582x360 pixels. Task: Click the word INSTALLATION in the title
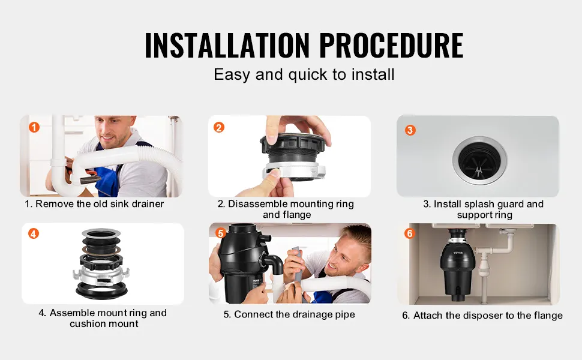click(227, 45)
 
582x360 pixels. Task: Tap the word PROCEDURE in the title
click(391, 45)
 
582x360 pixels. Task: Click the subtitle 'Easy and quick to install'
click(304, 74)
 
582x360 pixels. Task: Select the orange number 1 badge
click(34, 127)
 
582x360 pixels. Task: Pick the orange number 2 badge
click(219, 128)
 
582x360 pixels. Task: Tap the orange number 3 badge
click(410, 130)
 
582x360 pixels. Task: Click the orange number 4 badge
click(34, 233)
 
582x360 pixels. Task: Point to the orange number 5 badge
click(220, 233)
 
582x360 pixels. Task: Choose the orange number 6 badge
click(410, 233)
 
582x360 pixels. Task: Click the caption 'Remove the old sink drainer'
click(100, 204)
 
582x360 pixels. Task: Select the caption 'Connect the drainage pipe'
click(295, 314)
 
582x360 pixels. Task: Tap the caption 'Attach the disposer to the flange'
click(488, 316)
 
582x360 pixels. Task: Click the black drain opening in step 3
click(479, 160)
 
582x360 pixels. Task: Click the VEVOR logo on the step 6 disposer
click(458, 253)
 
